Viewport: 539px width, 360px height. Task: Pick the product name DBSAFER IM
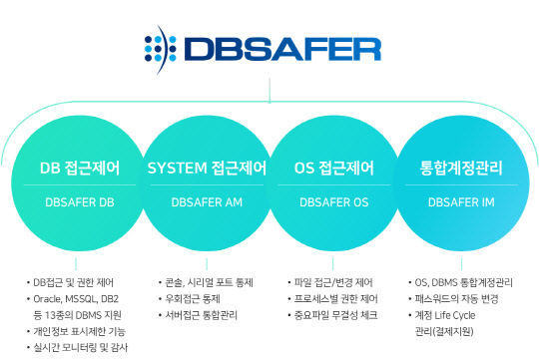pos(461,201)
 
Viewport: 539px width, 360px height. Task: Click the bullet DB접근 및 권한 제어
pos(74,281)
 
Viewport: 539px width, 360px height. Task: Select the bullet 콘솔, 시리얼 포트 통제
pos(206,281)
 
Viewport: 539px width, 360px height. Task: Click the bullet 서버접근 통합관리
pos(200,314)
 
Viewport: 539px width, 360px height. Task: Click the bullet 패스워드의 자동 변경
pos(458,297)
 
